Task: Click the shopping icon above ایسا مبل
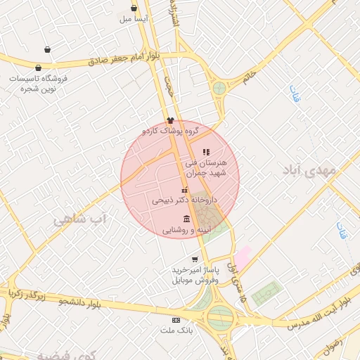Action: point(134,8)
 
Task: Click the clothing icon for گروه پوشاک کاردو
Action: point(170,120)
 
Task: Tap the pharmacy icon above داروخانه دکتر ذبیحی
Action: point(185,191)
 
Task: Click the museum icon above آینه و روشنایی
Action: point(186,219)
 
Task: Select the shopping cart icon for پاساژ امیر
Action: point(195,259)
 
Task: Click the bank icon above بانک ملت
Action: point(175,320)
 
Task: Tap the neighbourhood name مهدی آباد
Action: point(309,170)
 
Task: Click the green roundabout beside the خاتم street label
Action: point(219,89)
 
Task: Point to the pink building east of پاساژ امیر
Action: point(243,256)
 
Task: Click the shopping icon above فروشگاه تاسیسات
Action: point(47,50)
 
